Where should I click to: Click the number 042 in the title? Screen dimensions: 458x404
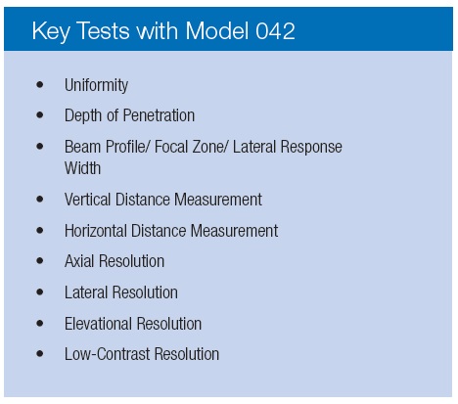275,31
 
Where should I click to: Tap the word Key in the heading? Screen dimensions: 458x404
51,32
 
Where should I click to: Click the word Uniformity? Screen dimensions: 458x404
96,85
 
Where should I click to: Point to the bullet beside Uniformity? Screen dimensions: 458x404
40,85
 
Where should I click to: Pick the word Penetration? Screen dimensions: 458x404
159,115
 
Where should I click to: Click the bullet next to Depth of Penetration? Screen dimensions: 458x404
40,115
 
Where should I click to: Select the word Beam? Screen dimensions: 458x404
83,147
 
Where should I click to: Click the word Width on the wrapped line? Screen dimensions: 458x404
82,168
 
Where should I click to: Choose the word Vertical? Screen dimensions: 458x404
87,200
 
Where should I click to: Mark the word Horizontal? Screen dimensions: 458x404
96,231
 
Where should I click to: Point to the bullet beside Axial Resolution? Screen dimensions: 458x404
40,260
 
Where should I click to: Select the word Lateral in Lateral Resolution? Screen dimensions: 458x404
86,292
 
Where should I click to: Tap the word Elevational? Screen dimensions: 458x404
98,324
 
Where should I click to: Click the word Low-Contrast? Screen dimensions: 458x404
108,354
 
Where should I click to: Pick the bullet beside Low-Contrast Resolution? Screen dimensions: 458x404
40,353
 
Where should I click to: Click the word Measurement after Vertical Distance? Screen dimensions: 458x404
218,200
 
